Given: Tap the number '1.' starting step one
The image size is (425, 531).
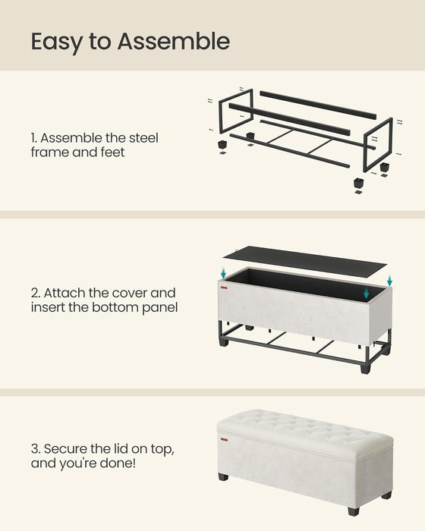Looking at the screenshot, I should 34,138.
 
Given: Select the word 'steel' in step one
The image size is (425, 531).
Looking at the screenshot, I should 143,138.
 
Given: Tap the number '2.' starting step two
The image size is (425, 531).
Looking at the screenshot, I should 36,292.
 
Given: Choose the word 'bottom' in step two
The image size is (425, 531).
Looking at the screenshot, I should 115,307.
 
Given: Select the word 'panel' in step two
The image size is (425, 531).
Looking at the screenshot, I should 159,307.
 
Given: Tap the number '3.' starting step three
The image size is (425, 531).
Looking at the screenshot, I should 36,448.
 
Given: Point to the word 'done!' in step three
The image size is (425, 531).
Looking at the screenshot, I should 129,463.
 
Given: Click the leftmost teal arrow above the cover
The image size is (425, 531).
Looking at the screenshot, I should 224,272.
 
